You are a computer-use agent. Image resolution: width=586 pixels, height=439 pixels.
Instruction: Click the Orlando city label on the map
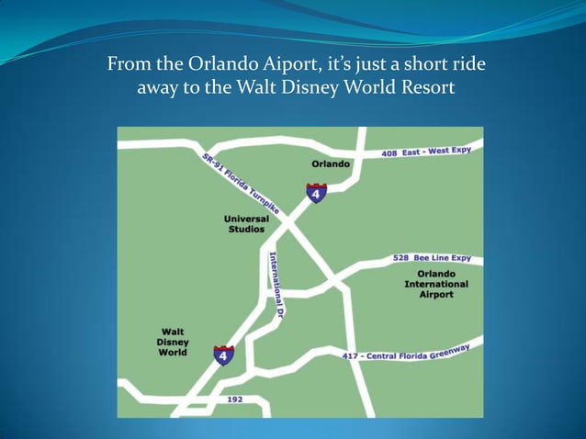click(331, 163)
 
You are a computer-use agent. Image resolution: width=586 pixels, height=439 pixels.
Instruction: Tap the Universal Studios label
click(246, 224)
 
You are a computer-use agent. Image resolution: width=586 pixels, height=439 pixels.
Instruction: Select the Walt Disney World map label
click(173, 342)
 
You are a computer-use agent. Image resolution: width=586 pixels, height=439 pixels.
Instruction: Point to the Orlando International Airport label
click(436, 284)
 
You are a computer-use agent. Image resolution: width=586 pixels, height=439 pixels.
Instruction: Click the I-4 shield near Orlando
click(316, 193)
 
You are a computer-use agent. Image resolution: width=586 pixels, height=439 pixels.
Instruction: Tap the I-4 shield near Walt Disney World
click(223, 355)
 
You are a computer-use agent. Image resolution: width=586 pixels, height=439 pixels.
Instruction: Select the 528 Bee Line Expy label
click(432, 259)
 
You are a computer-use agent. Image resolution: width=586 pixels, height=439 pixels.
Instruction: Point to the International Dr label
click(275, 285)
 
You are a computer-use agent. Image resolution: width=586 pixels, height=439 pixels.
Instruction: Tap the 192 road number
click(235, 400)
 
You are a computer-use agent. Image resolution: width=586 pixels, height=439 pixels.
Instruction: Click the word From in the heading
click(127, 66)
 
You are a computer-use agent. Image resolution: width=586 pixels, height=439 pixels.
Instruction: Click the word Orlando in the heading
click(218, 66)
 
